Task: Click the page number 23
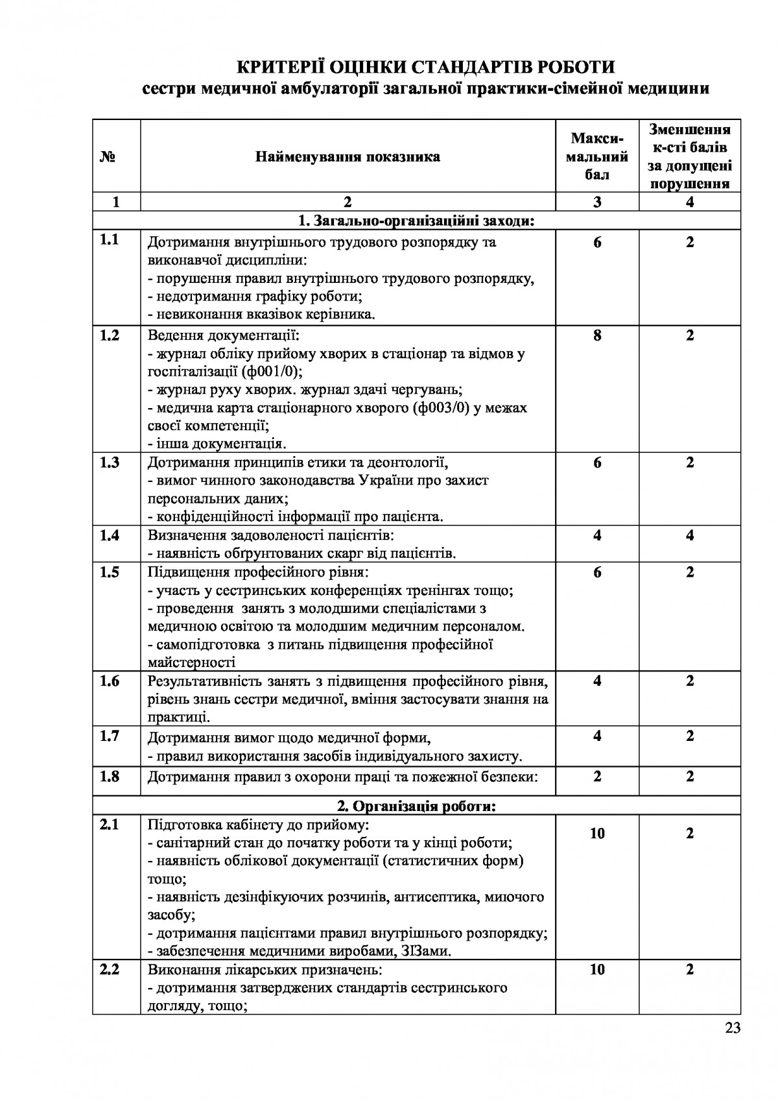point(733,1027)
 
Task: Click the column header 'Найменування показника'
point(348,157)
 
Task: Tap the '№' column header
point(108,157)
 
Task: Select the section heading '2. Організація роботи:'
point(416,806)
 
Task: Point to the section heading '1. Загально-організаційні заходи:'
point(416,221)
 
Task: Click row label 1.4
point(110,535)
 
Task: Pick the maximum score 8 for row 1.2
point(597,335)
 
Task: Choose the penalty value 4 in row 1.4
point(690,535)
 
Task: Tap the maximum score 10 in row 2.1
point(597,833)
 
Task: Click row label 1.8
point(110,776)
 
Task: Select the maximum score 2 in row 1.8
point(597,776)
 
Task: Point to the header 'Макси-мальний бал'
point(597,156)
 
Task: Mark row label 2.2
point(110,970)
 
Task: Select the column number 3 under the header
point(597,202)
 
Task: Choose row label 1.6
point(110,681)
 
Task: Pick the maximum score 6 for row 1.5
point(597,572)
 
